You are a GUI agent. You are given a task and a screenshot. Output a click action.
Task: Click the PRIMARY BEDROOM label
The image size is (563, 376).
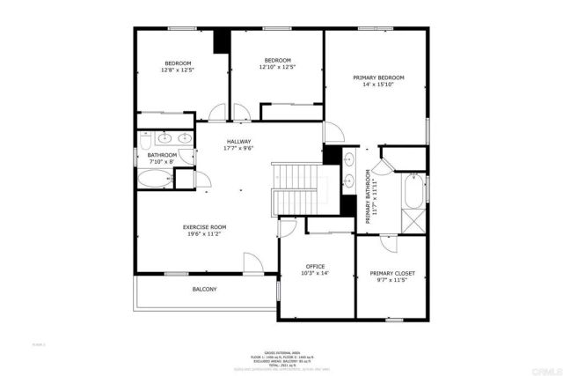tap(379, 77)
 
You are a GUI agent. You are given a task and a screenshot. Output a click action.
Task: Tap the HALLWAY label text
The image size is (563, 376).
tap(239, 141)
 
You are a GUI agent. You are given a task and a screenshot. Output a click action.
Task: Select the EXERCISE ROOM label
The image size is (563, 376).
tap(204, 226)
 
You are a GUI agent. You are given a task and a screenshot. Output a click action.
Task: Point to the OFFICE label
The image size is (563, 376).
tap(315, 266)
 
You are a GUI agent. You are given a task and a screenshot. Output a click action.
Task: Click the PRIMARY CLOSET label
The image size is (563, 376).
tap(392, 273)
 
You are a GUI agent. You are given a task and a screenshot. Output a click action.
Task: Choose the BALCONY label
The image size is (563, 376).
tap(204, 289)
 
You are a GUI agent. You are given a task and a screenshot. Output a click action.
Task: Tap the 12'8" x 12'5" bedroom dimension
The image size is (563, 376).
tap(179, 70)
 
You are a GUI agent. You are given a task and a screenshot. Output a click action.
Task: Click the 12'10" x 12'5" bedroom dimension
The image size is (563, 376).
tap(277, 67)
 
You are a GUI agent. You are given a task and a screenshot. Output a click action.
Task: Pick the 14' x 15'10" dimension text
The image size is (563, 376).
tap(379, 85)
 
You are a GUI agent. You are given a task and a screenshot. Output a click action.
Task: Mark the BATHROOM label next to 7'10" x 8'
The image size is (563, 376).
tap(162, 155)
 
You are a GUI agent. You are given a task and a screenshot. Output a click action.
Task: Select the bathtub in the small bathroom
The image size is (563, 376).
tap(156, 180)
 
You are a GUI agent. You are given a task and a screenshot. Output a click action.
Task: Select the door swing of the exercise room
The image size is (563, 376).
tap(252, 262)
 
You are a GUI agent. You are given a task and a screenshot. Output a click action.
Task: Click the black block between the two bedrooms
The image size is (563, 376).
tap(221, 41)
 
